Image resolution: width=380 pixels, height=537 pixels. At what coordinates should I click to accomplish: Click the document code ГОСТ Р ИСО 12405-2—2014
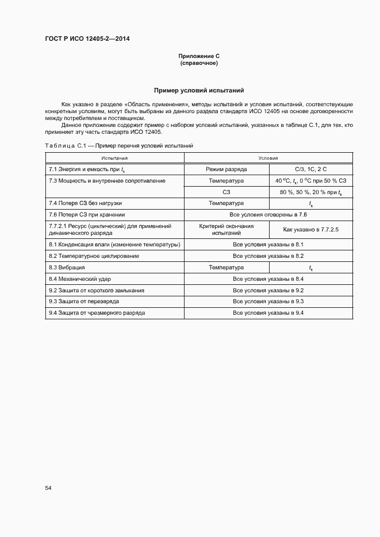91,39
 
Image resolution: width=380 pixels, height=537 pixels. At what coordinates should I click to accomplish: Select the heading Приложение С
199,56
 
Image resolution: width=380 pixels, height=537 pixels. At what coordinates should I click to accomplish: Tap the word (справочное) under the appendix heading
199,63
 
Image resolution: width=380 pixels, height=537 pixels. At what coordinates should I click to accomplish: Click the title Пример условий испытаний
199,90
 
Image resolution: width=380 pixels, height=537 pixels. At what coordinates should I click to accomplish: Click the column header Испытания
114,157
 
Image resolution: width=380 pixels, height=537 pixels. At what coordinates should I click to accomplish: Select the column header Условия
268,157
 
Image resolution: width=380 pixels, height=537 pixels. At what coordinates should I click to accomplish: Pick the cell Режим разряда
226,169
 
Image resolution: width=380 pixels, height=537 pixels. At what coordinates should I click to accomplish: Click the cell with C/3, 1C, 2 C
310,169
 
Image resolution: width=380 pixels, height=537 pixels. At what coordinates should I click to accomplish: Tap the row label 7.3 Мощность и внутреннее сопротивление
108,181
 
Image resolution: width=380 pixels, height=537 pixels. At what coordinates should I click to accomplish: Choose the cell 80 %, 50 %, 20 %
310,192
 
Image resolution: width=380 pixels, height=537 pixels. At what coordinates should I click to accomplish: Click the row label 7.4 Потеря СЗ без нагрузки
86,203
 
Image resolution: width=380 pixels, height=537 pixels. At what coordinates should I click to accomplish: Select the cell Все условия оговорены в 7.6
268,215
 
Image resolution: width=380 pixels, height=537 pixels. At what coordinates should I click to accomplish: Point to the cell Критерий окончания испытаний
226,230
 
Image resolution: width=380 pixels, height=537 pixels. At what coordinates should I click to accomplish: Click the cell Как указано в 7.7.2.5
310,230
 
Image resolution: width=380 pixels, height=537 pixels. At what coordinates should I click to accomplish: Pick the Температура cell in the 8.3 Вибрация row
226,268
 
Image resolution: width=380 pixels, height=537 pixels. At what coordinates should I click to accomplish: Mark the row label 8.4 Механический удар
80,279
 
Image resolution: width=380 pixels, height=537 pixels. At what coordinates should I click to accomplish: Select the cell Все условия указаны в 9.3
268,302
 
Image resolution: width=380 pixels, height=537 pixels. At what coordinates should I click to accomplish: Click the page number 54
48,488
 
